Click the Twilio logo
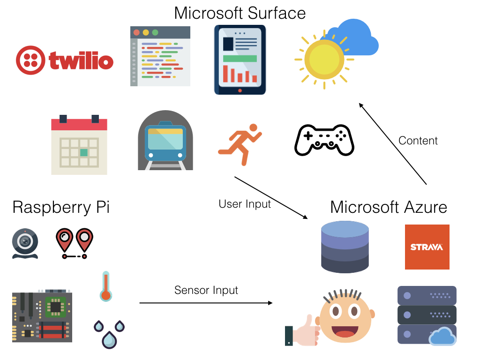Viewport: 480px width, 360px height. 65,60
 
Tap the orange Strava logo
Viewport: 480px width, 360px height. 427,247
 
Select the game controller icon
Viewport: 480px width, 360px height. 324,140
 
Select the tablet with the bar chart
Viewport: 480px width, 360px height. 240,60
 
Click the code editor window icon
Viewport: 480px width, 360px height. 160,56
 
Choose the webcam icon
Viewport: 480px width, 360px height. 25,243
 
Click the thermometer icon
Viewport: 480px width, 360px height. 106,286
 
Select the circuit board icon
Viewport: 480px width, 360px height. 42,317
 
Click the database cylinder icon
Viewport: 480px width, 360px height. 345,247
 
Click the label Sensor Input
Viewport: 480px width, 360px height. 206,290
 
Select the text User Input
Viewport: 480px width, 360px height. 245,204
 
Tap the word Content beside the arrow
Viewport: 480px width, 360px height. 418,141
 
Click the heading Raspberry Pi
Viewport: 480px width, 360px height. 61,207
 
